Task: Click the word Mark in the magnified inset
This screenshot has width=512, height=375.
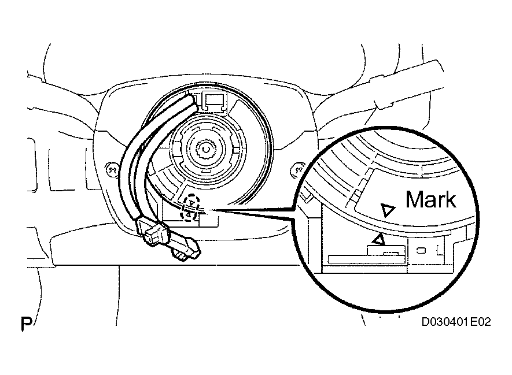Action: (430, 199)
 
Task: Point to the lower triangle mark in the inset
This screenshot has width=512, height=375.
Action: (378, 238)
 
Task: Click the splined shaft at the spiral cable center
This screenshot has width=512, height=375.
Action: (205, 151)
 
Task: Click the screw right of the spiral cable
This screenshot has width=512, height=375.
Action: (298, 169)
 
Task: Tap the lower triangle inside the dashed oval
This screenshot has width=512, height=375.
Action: (189, 214)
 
